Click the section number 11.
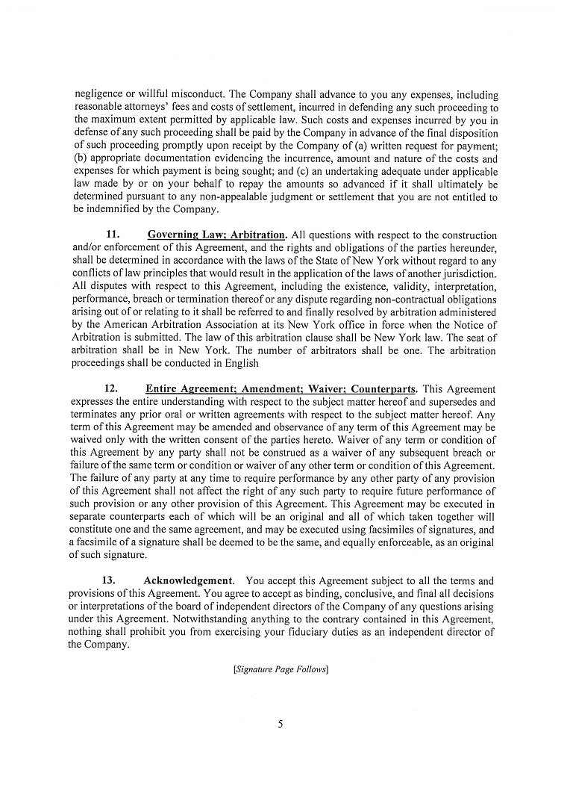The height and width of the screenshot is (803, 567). [114, 235]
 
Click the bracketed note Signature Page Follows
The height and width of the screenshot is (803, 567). [281, 669]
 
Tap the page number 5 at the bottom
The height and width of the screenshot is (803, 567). [281, 723]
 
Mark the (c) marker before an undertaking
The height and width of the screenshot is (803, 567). [315, 171]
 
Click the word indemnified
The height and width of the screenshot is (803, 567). [111, 209]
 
